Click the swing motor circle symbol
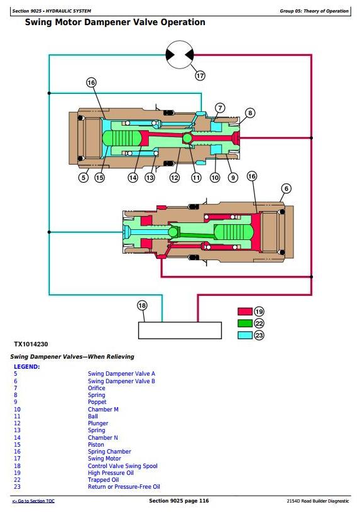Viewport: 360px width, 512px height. (x=179, y=55)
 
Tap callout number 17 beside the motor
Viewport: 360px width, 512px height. (x=200, y=76)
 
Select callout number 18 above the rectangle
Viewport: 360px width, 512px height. (x=142, y=306)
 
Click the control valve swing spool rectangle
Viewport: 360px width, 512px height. (x=180, y=330)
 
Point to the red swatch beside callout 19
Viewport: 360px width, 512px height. (x=245, y=311)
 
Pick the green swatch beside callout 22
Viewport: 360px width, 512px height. (x=245, y=324)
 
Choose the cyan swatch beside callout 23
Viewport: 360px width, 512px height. (x=245, y=335)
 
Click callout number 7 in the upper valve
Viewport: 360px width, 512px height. (x=220, y=108)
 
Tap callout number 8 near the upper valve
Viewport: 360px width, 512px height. (x=250, y=113)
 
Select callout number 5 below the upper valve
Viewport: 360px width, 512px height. (x=84, y=178)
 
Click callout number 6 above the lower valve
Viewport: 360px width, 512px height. (x=286, y=188)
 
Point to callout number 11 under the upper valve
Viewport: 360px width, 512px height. (x=196, y=178)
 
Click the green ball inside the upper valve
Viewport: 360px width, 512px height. (x=187, y=138)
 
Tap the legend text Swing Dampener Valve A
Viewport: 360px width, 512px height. (x=121, y=374)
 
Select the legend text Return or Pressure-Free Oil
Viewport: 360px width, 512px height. (x=124, y=486)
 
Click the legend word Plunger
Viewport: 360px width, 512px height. (x=97, y=423)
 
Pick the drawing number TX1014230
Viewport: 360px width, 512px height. (x=31, y=344)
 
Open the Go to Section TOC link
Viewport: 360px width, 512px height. (x=33, y=501)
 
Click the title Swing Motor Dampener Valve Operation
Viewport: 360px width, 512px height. (x=115, y=22)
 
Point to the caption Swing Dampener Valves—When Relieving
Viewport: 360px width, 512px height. (x=72, y=357)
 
